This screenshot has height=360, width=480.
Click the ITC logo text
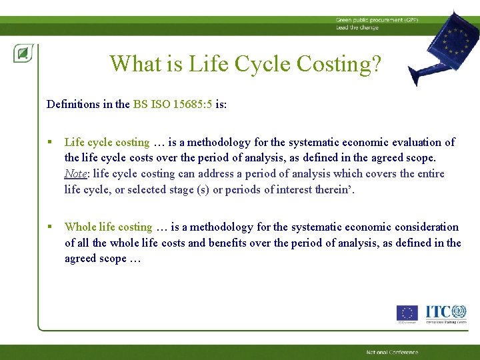coord(437,312)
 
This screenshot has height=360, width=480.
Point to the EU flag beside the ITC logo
coord(407,313)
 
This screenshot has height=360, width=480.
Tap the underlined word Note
coord(75,174)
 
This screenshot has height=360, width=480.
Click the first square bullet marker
coord(51,142)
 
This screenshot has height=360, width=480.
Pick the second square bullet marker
coord(51,227)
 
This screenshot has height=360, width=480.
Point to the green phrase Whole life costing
coord(109,227)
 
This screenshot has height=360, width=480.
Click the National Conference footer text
coord(392,352)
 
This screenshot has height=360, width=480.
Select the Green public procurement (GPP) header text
coord(377,21)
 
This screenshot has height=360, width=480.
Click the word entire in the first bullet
coord(429,174)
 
